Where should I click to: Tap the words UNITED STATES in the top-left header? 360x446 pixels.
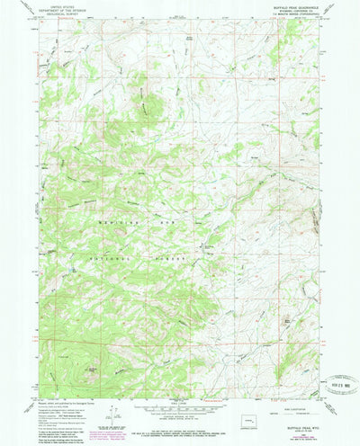tap(56, 8)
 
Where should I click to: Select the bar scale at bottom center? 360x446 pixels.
tap(180, 411)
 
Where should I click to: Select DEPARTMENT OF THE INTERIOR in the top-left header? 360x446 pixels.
tap(56, 12)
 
